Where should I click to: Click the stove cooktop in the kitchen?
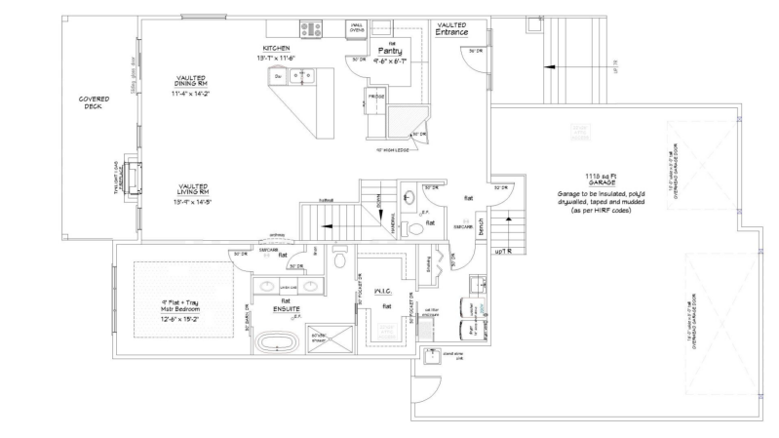tap(312, 29)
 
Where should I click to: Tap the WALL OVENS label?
tap(357, 28)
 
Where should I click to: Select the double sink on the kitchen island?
tap(304, 74)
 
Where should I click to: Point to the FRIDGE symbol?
tap(376, 97)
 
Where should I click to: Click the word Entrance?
tap(451, 33)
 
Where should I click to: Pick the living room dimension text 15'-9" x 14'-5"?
tap(196, 202)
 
